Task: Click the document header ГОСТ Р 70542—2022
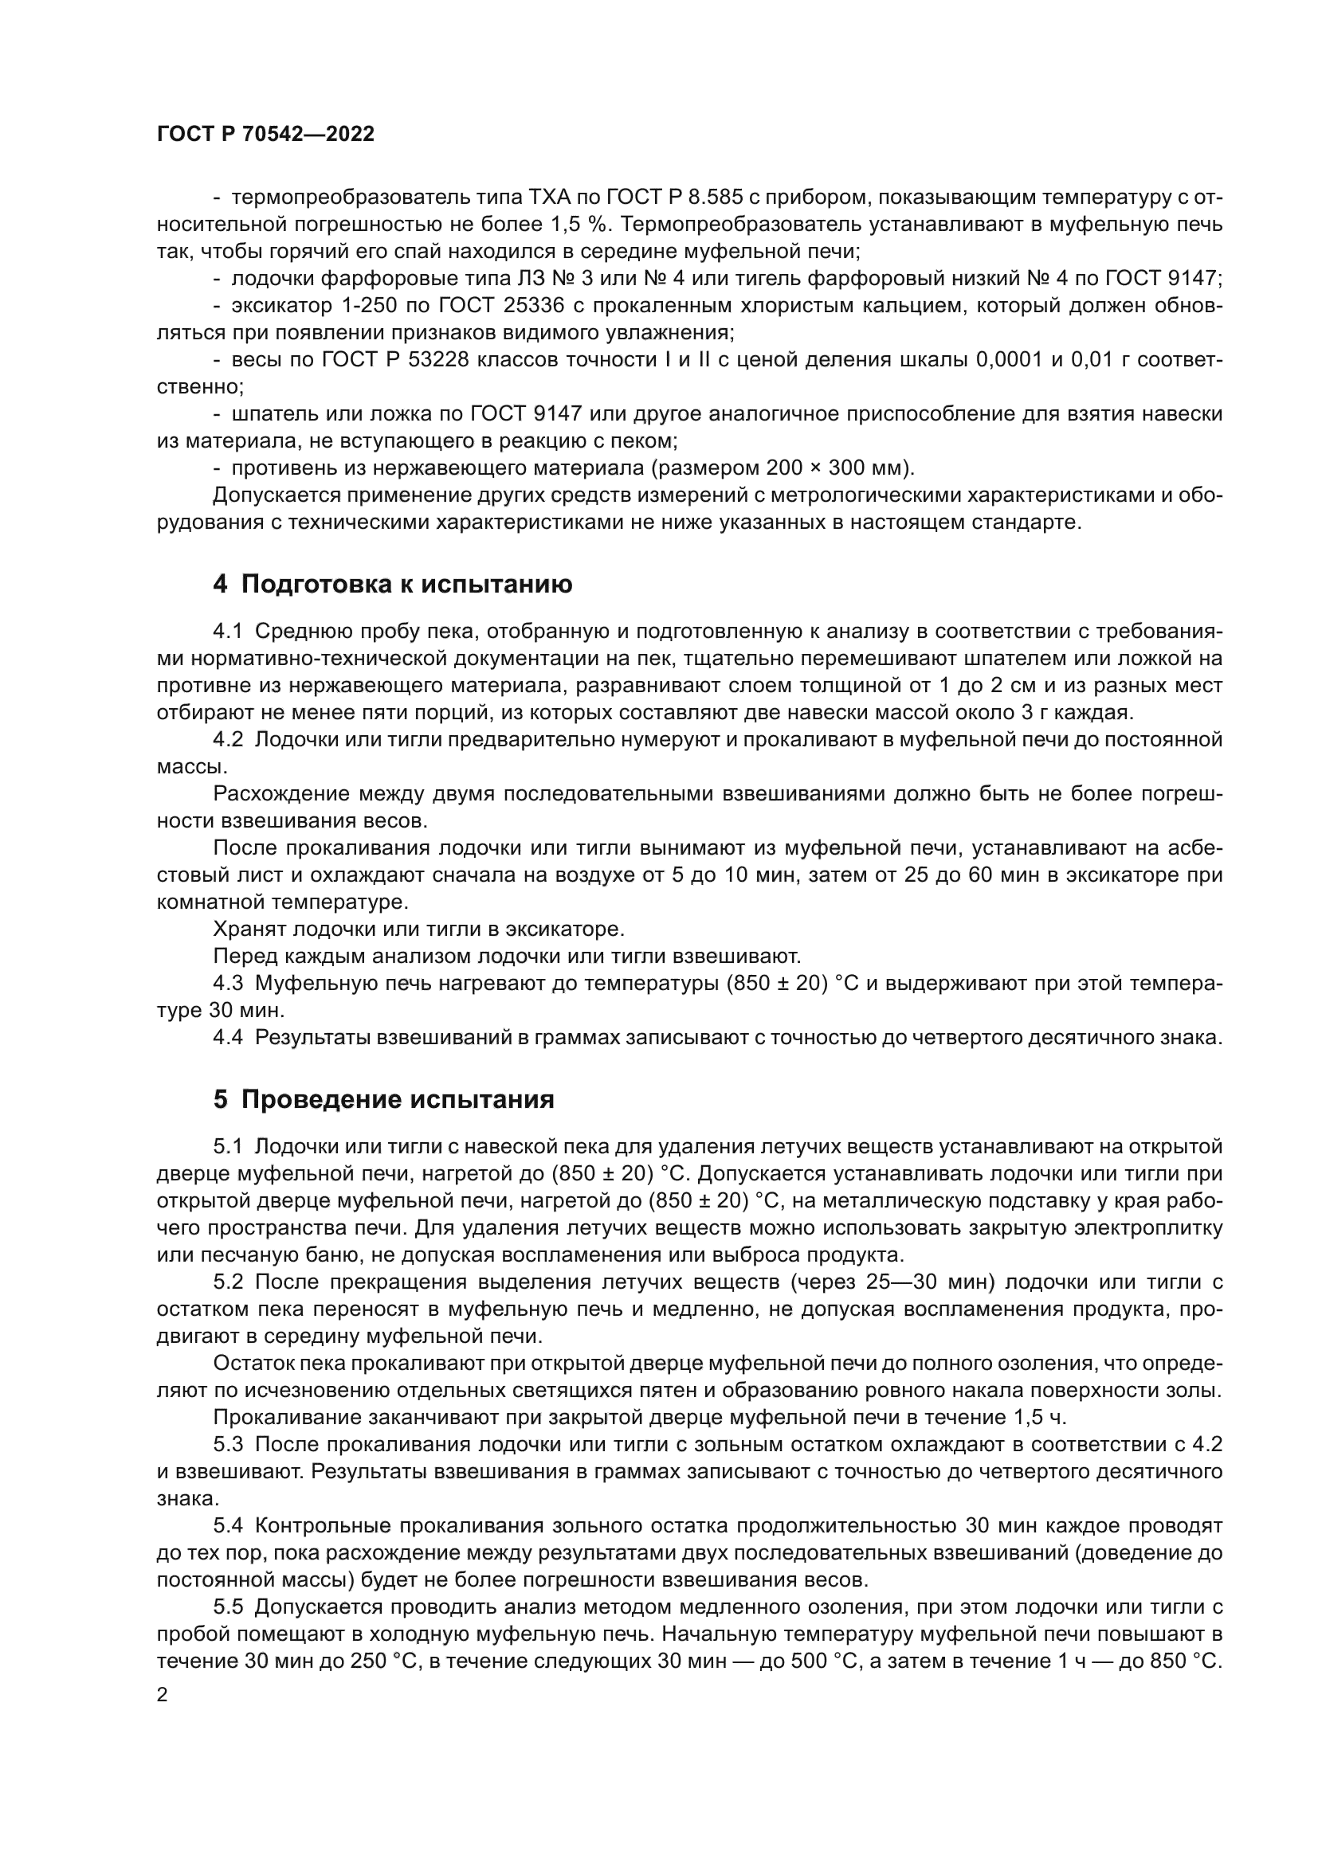click(x=265, y=135)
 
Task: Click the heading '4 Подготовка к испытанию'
click(x=392, y=584)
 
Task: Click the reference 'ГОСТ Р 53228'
click(x=395, y=360)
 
